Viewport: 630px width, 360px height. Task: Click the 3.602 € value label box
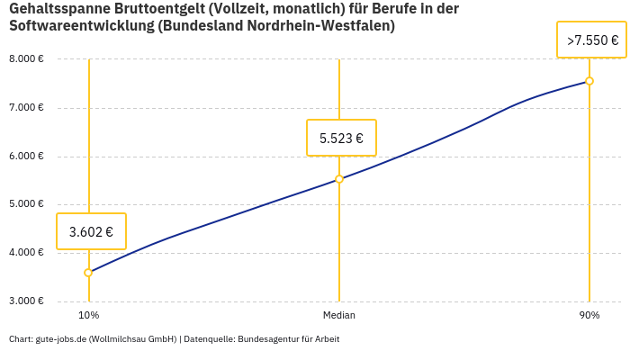91,231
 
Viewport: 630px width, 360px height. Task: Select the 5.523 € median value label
341,138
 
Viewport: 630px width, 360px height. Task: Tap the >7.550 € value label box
592,40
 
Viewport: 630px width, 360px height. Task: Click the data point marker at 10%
88,273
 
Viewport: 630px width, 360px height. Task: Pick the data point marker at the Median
339,179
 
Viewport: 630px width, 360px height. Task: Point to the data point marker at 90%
589,81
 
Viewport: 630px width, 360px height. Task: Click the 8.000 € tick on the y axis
26,59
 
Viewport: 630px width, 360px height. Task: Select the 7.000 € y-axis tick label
26,108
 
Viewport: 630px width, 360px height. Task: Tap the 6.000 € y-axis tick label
26,156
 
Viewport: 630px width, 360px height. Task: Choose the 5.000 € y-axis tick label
26,204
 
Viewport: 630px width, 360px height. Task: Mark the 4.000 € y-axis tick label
26,253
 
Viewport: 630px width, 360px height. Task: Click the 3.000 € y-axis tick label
26,301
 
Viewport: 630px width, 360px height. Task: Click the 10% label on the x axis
88,316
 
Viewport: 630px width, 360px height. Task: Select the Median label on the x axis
339,316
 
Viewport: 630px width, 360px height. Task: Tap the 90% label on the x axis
589,316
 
